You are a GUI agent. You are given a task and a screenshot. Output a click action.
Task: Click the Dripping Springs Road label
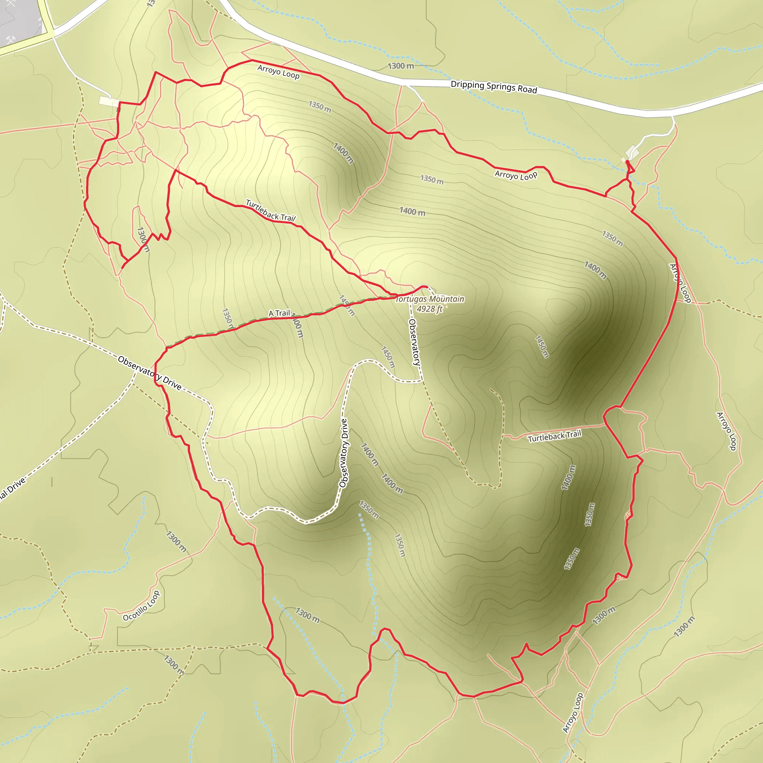click(494, 87)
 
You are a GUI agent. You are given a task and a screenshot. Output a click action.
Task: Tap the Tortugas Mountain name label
click(430, 299)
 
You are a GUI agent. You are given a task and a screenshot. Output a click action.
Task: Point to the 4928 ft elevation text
click(430, 309)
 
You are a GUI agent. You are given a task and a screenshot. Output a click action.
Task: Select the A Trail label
click(279, 313)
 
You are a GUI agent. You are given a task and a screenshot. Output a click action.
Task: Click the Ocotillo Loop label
click(141, 606)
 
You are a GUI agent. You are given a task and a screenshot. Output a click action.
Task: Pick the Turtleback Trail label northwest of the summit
click(270, 210)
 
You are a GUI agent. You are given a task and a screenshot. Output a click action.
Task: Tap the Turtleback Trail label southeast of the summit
click(554, 436)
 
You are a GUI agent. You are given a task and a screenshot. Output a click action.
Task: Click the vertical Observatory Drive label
click(343, 453)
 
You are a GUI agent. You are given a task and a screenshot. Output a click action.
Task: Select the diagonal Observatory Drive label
click(150, 373)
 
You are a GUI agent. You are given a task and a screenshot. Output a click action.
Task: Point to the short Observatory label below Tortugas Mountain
click(414, 342)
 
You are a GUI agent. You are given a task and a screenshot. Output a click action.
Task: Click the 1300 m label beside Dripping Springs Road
click(401, 66)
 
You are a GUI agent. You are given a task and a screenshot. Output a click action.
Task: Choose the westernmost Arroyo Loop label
click(278, 72)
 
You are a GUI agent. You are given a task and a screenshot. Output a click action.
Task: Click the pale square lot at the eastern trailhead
click(631, 152)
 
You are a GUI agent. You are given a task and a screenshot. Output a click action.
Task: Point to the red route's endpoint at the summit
click(427, 287)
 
